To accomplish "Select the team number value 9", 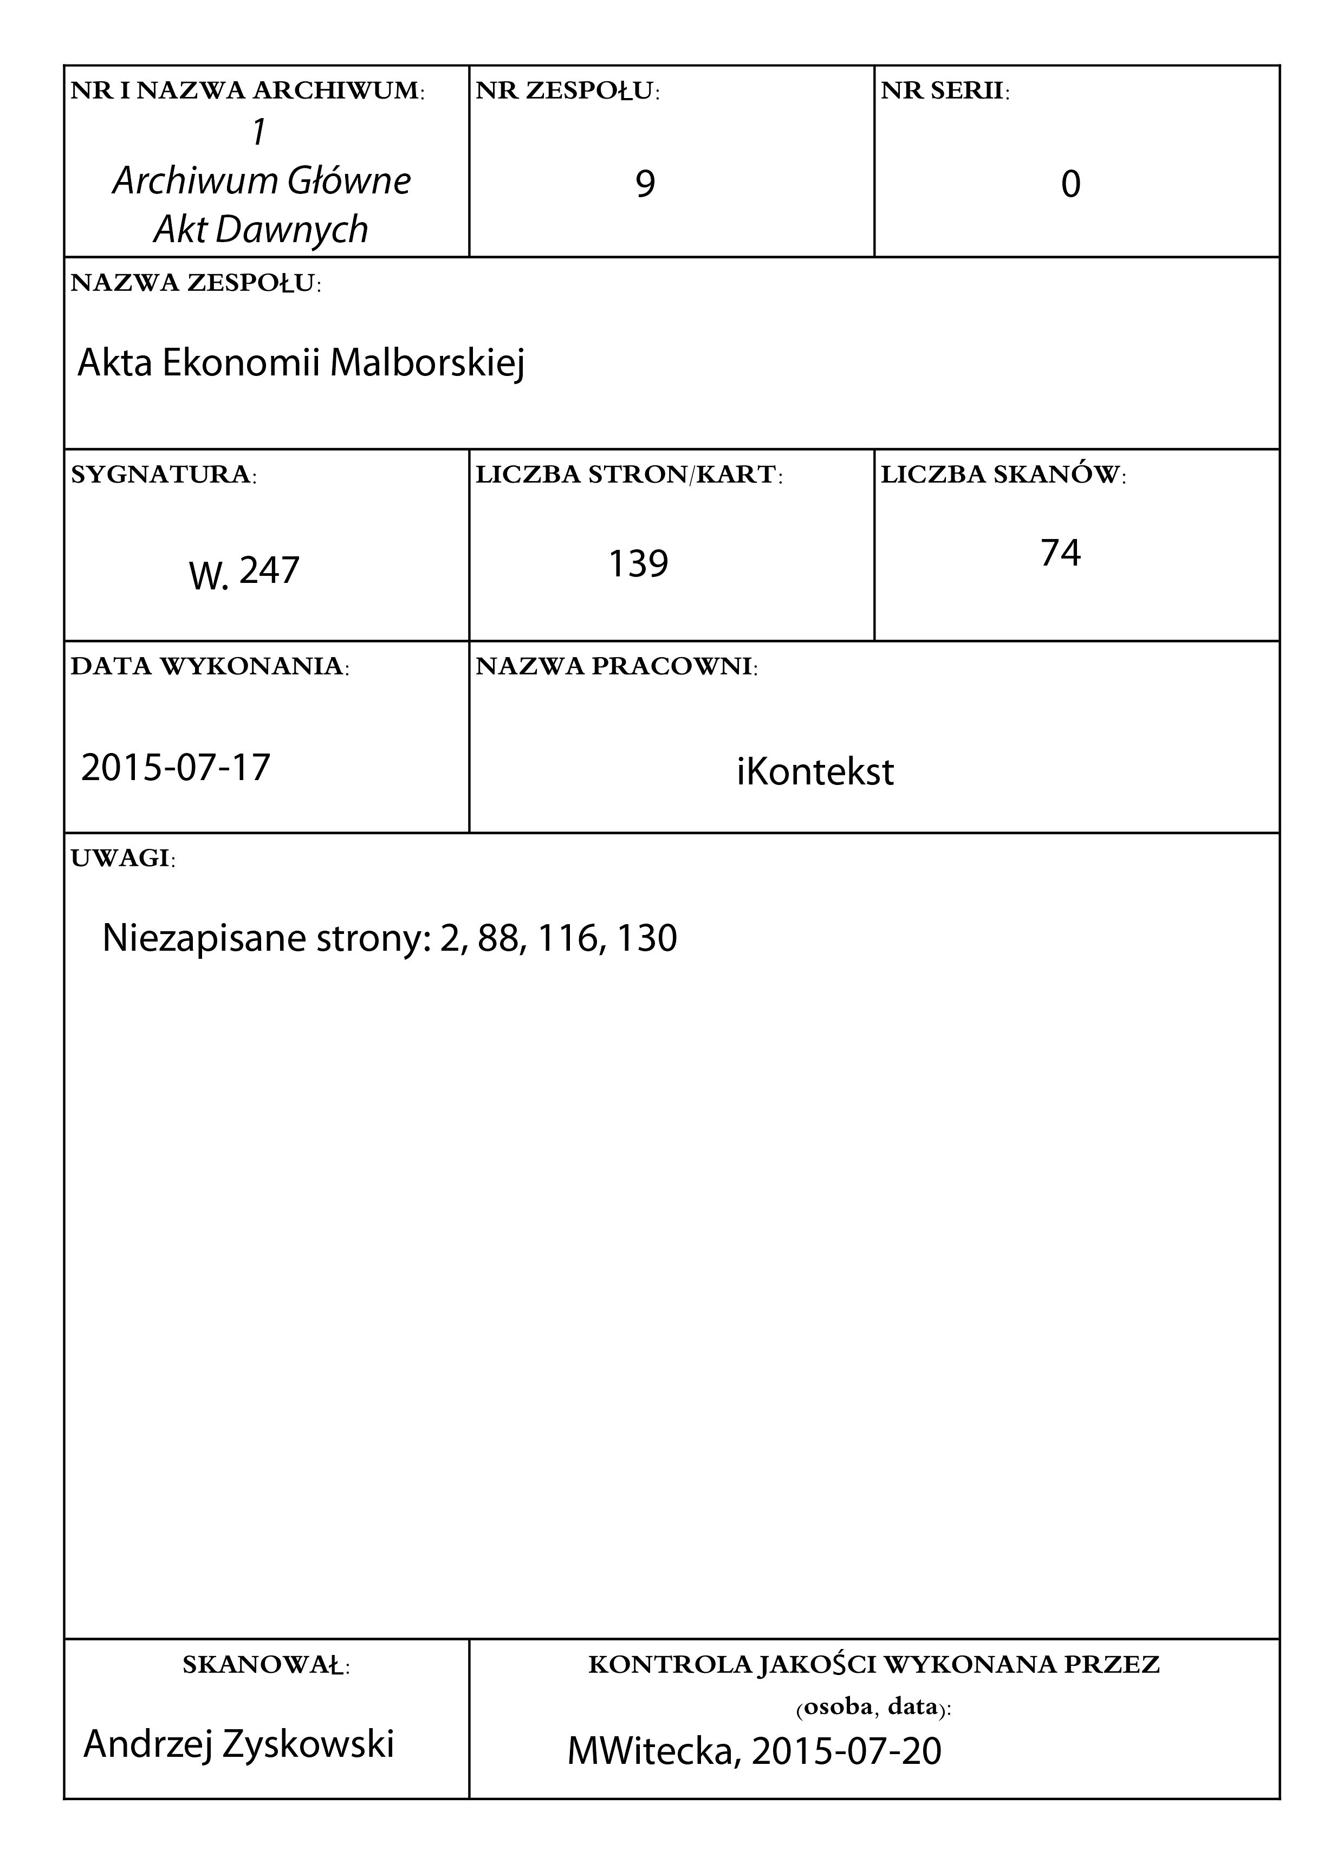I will [646, 184].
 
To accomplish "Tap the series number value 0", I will [1070, 185].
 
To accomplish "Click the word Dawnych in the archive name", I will [291, 230].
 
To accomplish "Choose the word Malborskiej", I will [427, 363].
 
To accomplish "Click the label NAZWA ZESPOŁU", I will [196, 283].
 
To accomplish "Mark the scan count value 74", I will [1060, 553].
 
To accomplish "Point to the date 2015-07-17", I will [176, 767].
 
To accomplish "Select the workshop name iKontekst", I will [815, 772].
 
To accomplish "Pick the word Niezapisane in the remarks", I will [204, 938].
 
